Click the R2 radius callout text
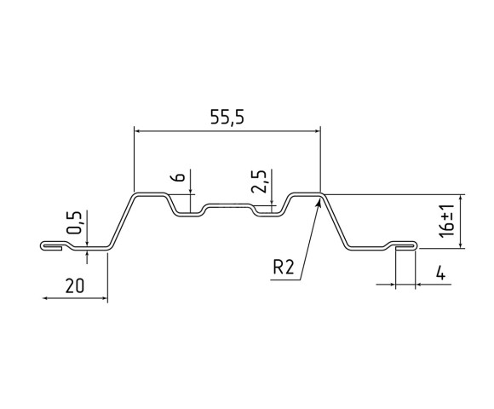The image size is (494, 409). pos(284,268)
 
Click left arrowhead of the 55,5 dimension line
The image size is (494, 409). pos(139,130)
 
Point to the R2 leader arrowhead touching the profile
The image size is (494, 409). pos(319,201)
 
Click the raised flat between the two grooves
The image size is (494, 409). pos(227,205)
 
